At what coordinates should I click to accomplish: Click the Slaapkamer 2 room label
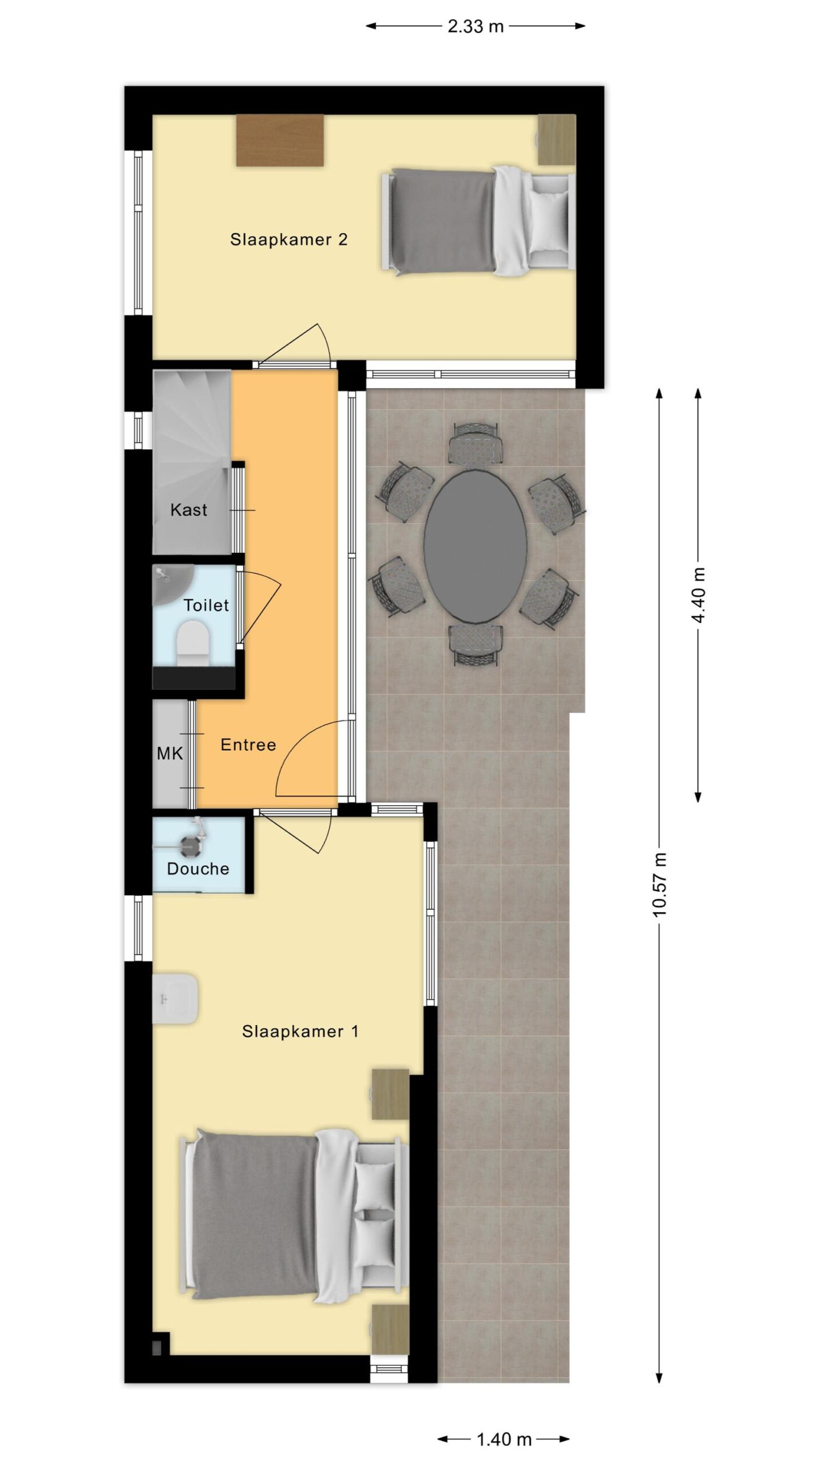coord(289,239)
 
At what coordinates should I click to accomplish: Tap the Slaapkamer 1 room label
coord(300,1031)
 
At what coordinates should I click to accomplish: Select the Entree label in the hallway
coord(248,745)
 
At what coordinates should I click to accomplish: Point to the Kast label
coord(189,510)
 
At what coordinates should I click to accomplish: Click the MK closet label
coord(170,754)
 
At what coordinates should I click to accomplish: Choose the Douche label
coord(198,869)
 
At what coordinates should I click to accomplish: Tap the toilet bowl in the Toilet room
coord(193,644)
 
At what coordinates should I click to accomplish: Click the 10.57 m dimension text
coord(660,884)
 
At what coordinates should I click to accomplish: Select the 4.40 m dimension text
coord(698,595)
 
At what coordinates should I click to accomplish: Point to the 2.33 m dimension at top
coord(476,26)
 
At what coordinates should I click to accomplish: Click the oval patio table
coord(476,546)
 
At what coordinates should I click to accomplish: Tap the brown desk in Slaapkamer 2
coord(280,140)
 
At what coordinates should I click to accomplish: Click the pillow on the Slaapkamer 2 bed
coord(549,221)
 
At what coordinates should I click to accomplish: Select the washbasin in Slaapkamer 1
coord(175,999)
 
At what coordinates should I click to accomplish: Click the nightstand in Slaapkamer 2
coord(557,140)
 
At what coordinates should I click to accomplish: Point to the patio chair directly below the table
coord(476,645)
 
